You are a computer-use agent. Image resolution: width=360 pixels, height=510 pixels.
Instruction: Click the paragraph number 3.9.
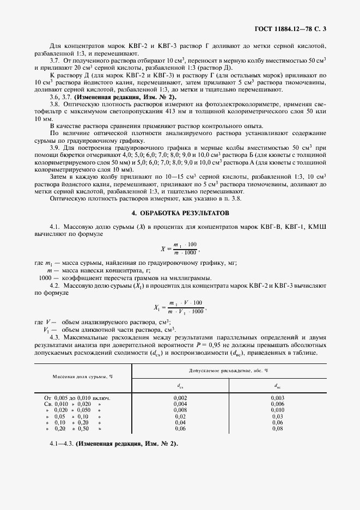click(55, 148)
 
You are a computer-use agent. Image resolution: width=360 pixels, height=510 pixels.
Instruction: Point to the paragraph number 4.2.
click(55, 285)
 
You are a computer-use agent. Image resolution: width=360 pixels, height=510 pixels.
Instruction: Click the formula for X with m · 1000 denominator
click(180, 247)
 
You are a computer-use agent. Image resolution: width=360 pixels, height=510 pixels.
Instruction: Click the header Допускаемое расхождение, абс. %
click(228, 371)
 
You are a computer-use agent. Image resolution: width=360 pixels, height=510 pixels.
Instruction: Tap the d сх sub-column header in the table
click(180, 385)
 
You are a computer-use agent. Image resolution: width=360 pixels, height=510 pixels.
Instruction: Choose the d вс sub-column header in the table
click(277, 385)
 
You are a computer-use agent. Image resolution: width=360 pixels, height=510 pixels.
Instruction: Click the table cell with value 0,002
click(180, 398)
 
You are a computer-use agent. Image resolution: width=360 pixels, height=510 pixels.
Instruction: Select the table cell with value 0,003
click(277, 398)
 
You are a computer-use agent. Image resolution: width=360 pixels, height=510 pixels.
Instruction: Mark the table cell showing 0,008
click(180, 410)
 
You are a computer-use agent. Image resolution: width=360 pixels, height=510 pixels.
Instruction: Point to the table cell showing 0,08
click(277, 428)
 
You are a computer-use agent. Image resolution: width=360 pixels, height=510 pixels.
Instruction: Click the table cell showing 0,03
click(277, 416)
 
